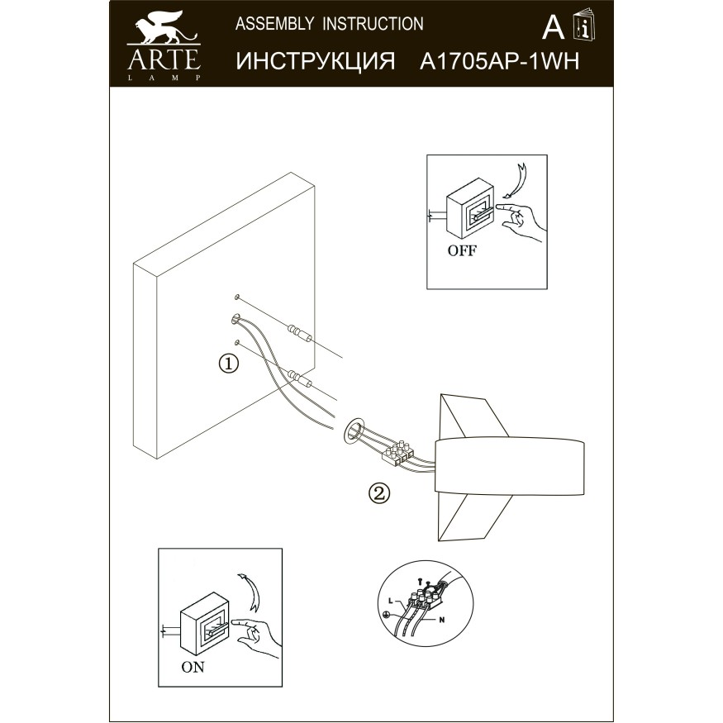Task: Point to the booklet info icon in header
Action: [585, 29]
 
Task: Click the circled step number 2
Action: [378, 493]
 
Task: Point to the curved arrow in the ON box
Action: [250, 589]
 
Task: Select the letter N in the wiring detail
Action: [442, 619]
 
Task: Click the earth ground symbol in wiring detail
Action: [386, 614]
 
